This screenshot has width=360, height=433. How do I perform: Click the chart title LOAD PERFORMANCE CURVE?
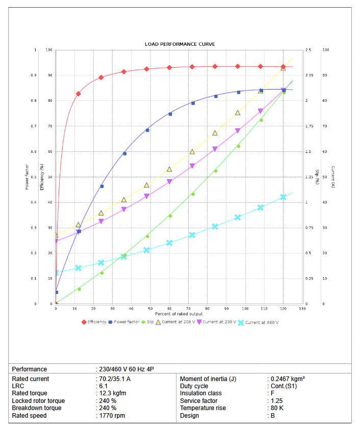[179, 44]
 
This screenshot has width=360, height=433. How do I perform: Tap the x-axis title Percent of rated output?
[179, 314]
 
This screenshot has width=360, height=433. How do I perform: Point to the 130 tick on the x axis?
[302, 308]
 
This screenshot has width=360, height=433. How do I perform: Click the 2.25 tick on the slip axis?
[310, 75]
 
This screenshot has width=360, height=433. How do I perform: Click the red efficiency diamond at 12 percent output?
[79, 94]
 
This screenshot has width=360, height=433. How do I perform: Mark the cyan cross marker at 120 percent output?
[284, 197]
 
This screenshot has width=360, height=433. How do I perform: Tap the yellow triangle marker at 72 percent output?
[192, 152]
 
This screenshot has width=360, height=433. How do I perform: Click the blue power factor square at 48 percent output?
[147, 130]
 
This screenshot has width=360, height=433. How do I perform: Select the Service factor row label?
[199, 401]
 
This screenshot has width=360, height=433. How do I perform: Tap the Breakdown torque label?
[37, 408]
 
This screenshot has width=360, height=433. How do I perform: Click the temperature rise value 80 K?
[278, 408]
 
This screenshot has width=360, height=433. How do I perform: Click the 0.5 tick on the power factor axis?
[35, 177]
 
